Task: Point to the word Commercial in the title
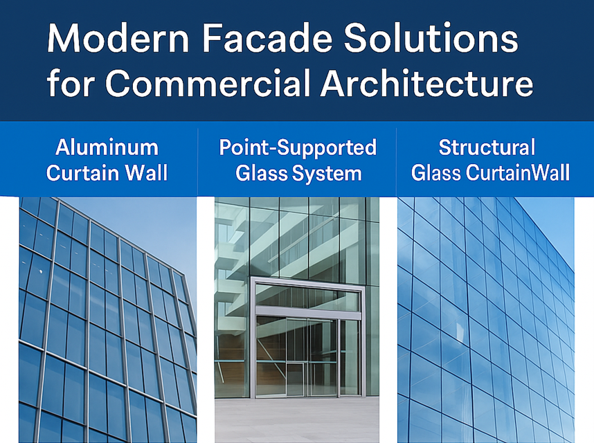tap(210, 84)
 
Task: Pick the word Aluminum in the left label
tap(107, 147)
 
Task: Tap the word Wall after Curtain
tap(145, 172)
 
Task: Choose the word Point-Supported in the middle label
tap(298, 147)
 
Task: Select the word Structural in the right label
tap(487, 147)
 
